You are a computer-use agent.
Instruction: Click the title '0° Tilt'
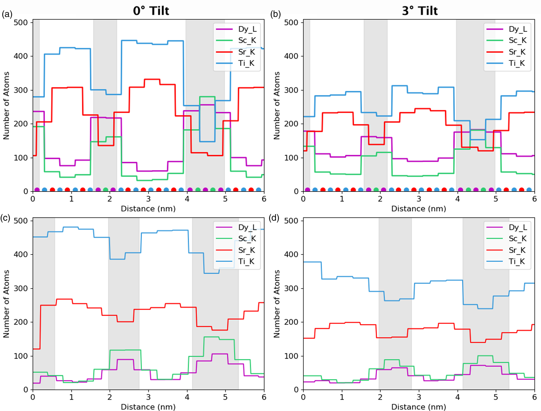pyautogui.click(x=151, y=11)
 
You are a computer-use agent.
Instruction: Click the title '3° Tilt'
pyautogui.click(x=420, y=11)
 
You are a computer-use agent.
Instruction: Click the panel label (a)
pyautogui.click(x=7, y=14)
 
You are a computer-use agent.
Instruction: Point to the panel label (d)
pyautogui.click(x=274, y=218)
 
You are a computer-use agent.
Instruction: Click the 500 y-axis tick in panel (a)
pyautogui.click(x=21, y=22)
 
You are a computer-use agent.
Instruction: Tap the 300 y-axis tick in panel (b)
pyautogui.click(x=291, y=90)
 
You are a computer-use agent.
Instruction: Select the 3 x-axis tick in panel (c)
pyautogui.click(x=148, y=397)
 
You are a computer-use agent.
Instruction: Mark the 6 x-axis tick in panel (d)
pyautogui.click(x=534, y=397)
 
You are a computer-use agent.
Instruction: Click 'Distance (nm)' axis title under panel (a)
pyautogui.click(x=148, y=209)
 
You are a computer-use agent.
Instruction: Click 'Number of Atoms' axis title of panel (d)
pyautogui.click(x=276, y=304)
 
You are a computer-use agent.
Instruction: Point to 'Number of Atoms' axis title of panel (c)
pyautogui.click(x=6, y=304)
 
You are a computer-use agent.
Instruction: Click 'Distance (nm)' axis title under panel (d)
pyautogui.click(x=418, y=407)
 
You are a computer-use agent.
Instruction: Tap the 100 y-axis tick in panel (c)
pyautogui.click(x=21, y=356)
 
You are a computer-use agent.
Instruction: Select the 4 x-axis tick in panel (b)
pyautogui.click(x=457, y=199)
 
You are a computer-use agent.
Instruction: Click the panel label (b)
pyautogui.click(x=275, y=14)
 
